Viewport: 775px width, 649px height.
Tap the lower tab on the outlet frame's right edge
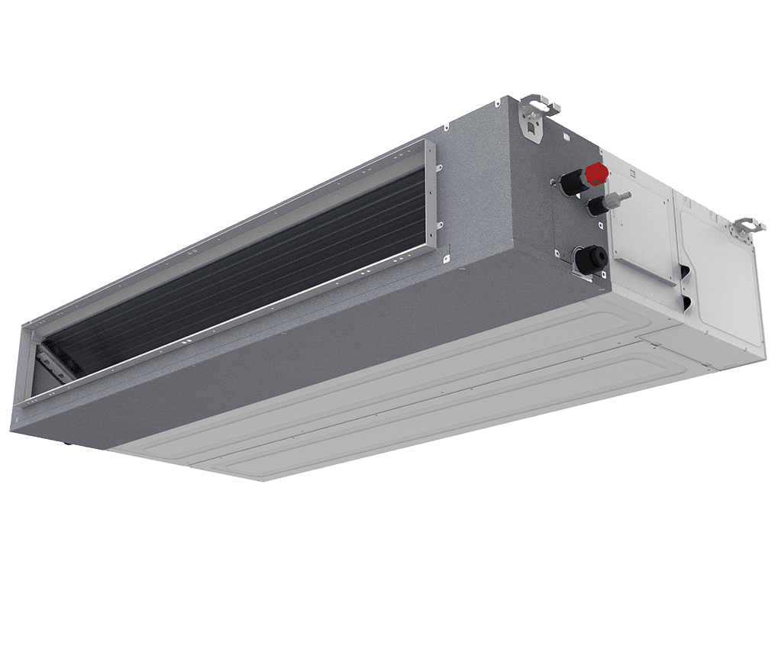click(x=441, y=225)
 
